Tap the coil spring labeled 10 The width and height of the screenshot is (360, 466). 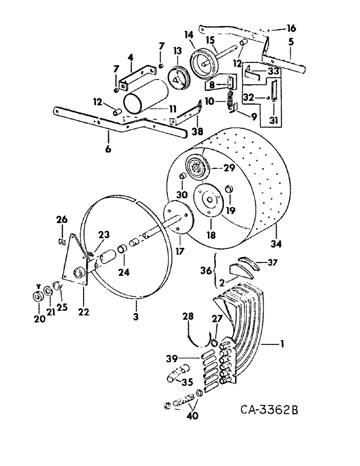[230, 101]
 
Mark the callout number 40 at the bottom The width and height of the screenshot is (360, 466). [193, 416]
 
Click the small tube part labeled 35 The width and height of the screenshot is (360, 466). [176, 374]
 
